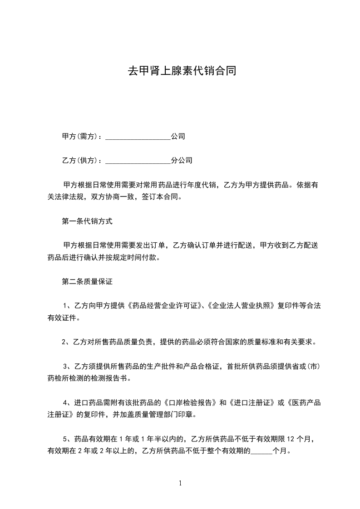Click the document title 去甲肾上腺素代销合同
click(x=181, y=71)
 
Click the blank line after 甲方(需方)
click(x=138, y=137)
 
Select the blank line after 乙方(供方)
click(x=138, y=161)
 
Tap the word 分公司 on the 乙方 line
click(x=182, y=161)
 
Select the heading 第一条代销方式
click(x=87, y=222)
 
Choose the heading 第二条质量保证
click(x=87, y=281)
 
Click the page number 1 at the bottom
click(x=180, y=484)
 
